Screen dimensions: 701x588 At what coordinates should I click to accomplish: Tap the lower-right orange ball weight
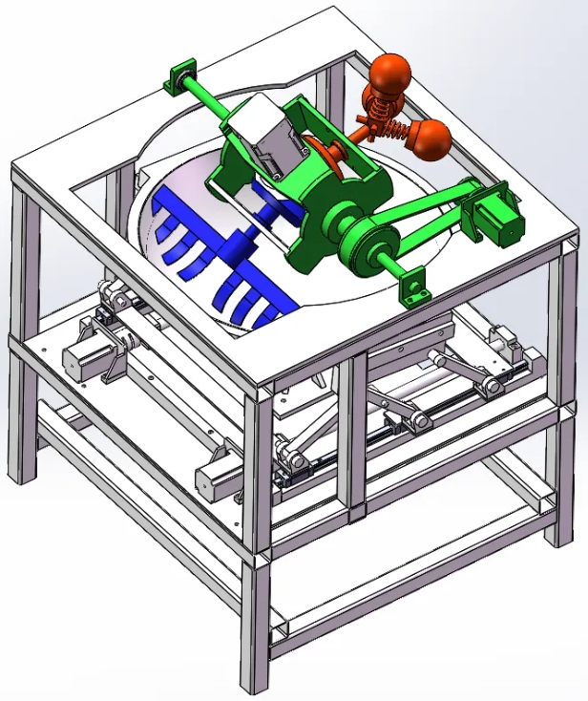pos(431,139)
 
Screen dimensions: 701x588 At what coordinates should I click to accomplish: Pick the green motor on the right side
pos(497,213)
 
